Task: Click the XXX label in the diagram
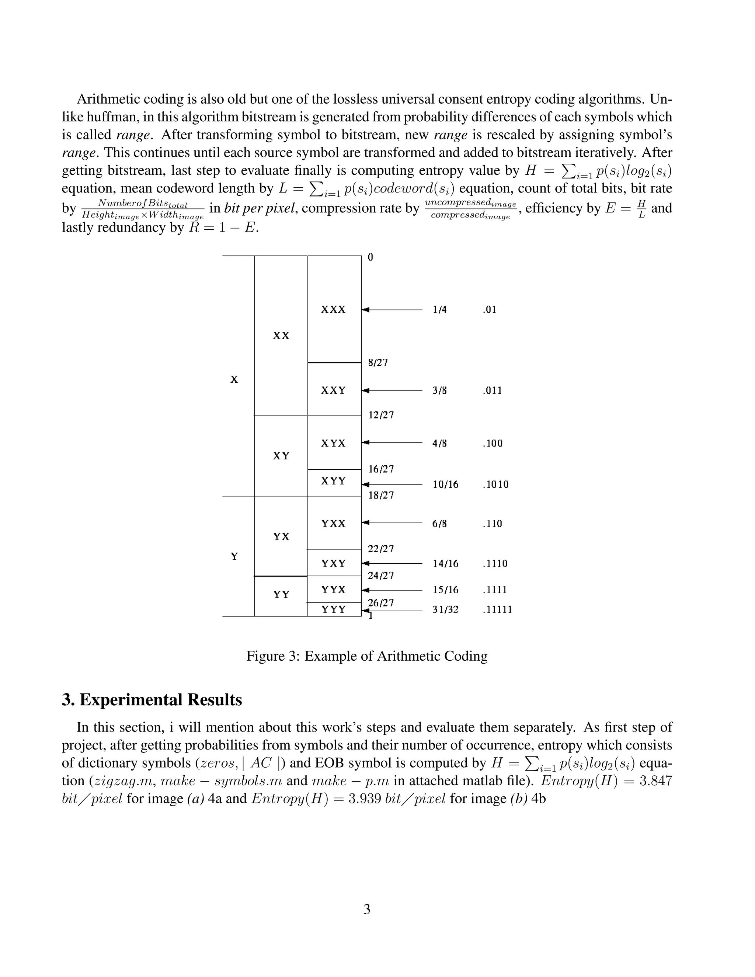(x=333, y=310)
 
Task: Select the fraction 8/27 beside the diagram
(x=377, y=362)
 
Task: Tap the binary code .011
(x=492, y=390)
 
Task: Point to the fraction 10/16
(x=445, y=484)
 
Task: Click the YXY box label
(x=333, y=563)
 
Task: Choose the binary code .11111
(x=497, y=609)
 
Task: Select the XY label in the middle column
(x=281, y=456)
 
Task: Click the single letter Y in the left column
(x=234, y=556)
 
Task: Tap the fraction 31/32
(x=445, y=609)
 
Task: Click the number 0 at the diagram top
(x=370, y=257)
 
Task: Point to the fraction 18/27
(x=380, y=495)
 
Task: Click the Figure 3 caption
(x=367, y=656)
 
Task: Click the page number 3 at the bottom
(x=367, y=910)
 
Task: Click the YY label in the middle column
(x=281, y=595)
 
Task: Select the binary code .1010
(x=495, y=484)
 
